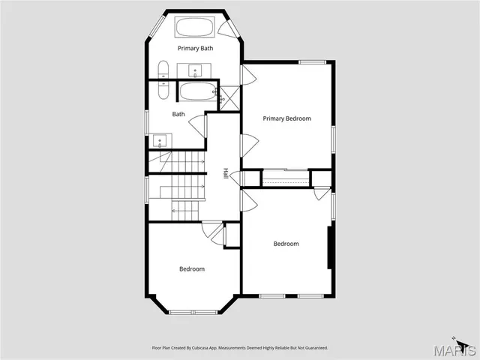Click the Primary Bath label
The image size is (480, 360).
point(195,48)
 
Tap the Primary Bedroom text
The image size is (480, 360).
point(286,118)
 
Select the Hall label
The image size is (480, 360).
point(226,174)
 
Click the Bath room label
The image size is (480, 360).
point(178,115)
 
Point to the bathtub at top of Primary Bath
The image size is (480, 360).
point(196,28)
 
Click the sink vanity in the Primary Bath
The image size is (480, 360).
point(196,71)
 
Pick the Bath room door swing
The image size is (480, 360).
point(199,125)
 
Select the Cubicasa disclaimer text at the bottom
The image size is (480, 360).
point(240,348)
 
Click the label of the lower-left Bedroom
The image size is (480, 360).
point(191,268)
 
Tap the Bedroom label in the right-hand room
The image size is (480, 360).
point(286,244)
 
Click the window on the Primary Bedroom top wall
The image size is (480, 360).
point(310,61)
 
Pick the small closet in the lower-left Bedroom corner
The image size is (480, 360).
point(232,235)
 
